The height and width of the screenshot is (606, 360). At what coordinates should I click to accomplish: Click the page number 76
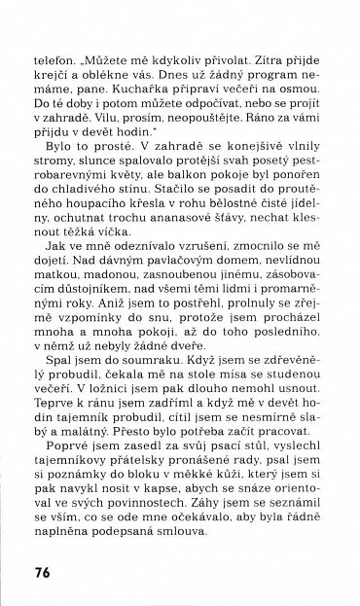point(45,571)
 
